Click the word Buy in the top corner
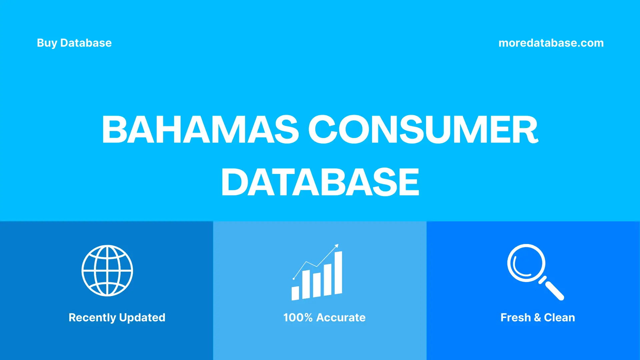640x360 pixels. point(47,43)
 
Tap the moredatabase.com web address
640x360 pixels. point(551,43)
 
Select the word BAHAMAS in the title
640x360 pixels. point(200,130)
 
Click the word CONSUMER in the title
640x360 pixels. point(423,130)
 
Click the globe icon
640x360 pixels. point(107,271)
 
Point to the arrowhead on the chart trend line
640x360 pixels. point(337,246)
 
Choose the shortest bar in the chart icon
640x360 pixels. point(295,293)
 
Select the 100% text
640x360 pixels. point(298,318)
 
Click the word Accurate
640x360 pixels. point(341,318)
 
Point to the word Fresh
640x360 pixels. point(515,318)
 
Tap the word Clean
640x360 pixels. point(559,318)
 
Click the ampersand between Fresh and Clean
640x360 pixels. point(537,318)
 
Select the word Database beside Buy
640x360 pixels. point(86,43)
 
